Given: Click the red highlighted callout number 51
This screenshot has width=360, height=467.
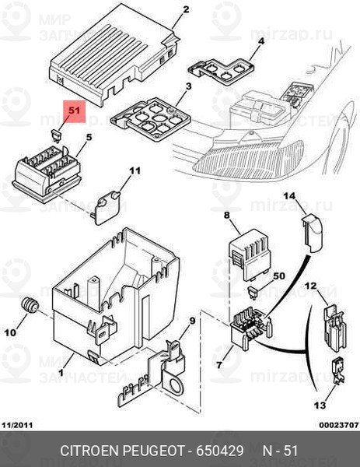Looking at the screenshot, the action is [74, 111].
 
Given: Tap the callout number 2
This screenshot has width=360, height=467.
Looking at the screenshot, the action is [186, 9].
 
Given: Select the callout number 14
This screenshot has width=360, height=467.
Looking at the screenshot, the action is [289, 196].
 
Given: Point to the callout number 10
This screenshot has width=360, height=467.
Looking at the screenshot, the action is [10, 332].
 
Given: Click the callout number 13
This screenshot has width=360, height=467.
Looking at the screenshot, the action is [320, 405].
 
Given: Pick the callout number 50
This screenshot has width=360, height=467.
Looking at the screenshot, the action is [279, 276].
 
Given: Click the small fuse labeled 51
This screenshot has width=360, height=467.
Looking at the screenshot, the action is [56, 135].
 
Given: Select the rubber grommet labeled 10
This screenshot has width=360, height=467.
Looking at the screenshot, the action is [29, 305].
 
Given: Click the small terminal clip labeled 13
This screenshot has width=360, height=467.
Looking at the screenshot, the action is [338, 370].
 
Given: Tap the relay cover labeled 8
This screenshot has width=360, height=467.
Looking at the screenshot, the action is [250, 254].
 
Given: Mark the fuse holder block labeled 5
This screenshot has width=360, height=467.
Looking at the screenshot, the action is [47, 174].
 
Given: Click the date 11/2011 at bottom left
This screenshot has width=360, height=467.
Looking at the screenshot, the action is [17, 425].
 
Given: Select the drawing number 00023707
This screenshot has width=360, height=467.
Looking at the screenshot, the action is [339, 425].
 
